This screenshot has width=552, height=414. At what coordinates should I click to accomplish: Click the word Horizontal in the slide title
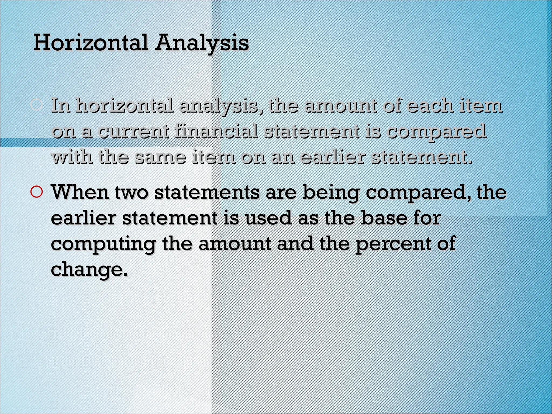click(91, 43)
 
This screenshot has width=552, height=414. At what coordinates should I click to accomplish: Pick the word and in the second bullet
click(295, 244)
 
